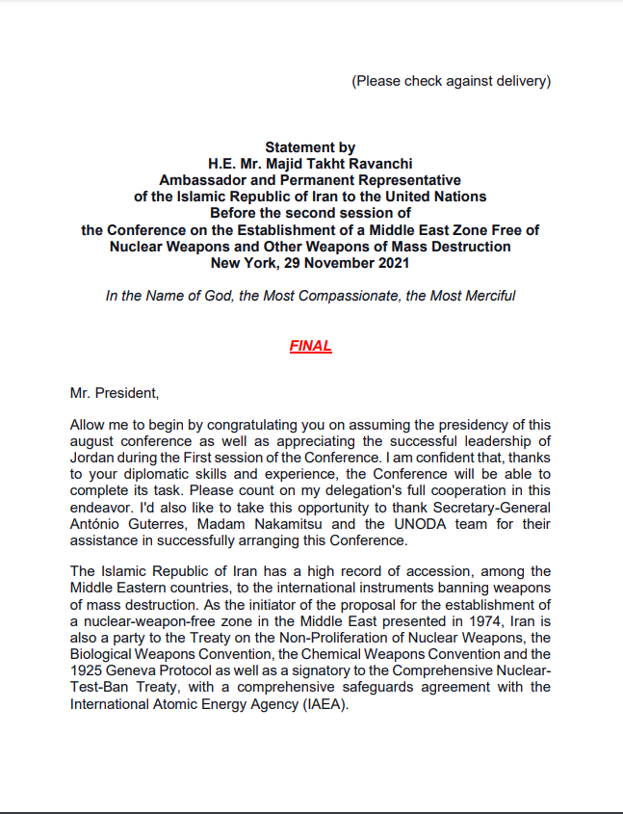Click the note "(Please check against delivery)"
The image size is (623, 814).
[x=451, y=81]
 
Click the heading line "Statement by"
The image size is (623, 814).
[x=310, y=147]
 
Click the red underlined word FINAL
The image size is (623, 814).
[x=310, y=346]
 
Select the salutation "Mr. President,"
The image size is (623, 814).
[x=114, y=394]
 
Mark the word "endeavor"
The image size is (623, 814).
[x=102, y=508]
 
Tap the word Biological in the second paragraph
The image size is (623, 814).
[x=102, y=654]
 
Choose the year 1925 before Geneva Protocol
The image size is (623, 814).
[x=86, y=670]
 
